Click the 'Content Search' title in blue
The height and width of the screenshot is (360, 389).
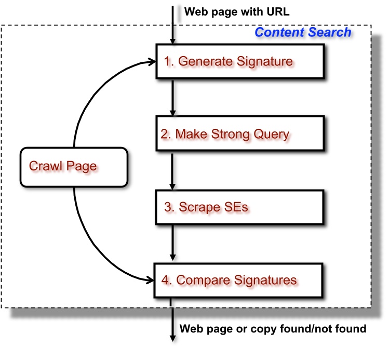pos(303,33)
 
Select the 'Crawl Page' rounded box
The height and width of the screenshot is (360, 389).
pos(73,166)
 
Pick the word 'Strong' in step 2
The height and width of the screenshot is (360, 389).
pos(228,134)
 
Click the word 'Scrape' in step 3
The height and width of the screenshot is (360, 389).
pos(199,207)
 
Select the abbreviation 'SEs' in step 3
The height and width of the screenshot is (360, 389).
pos(236,207)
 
